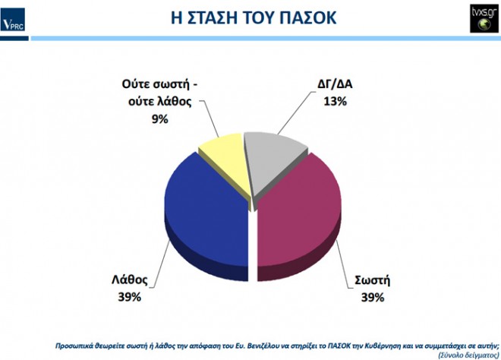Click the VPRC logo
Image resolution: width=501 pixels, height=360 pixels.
click(13, 20)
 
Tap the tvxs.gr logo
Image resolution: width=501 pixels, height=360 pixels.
click(484, 18)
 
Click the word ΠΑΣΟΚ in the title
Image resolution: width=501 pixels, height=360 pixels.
click(308, 17)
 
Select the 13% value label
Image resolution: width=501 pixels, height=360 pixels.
click(336, 101)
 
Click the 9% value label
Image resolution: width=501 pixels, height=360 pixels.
click(159, 119)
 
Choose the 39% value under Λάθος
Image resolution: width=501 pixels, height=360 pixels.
click(129, 297)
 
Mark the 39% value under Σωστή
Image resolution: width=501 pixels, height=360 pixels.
click(373, 297)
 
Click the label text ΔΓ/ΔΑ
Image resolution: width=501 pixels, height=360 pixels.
click(336, 84)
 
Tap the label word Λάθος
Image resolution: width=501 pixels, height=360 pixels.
click(130, 279)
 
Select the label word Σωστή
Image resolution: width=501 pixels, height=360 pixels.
click(373, 280)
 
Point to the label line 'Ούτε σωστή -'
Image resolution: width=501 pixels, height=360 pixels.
click(159, 84)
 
